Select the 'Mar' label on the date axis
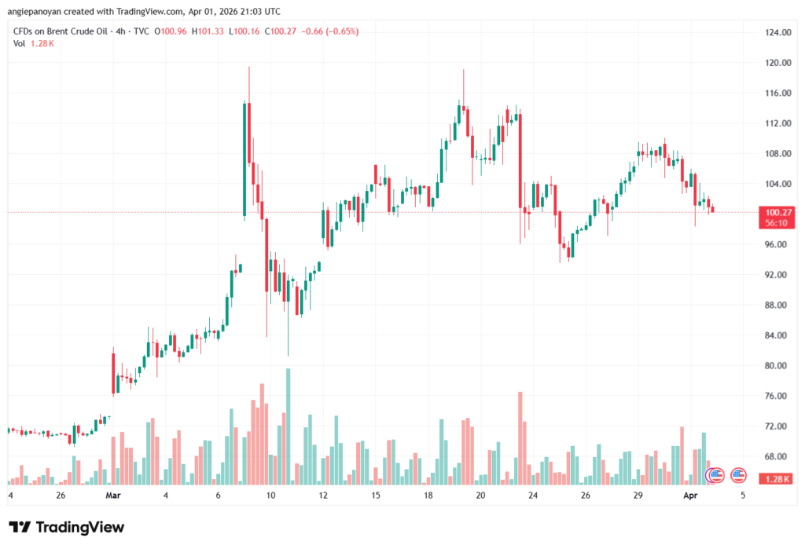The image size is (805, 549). [113, 496]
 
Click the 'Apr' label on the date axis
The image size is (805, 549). [689, 496]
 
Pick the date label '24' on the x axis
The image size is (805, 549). [533, 496]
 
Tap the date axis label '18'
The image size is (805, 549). [428, 496]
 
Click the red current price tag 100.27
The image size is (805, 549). [777, 212]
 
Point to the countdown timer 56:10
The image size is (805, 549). [777, 223]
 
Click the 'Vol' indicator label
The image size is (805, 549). [19, 43]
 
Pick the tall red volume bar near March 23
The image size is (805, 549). [520, 438]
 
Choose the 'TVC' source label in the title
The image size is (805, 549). [142, 31]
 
